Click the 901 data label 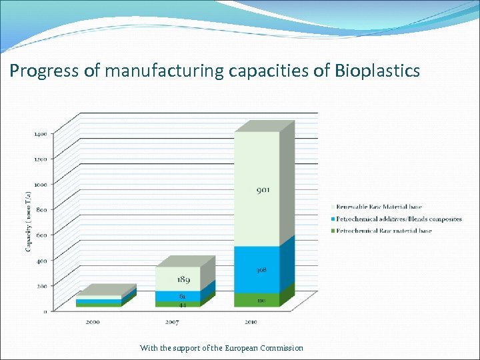click(x=263, y=190)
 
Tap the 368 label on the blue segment click(x=261, y=270)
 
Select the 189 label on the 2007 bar click(x=183, y=280)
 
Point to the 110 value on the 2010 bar click(x=261, y=301)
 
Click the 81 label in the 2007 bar click(x=182, y=295)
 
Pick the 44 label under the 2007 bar click(x=182, y=305)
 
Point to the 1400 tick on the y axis click(x=40, y=134)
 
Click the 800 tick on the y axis click(x=41, y=209)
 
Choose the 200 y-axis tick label click(x=41, y=285)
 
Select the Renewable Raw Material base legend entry click(x=379, y=207)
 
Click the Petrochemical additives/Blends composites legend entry click(x=399, y=219)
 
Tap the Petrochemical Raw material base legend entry click(x=384, y=231)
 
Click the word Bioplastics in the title click(x=379, y=71)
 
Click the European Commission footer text click(x=263, y=348)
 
